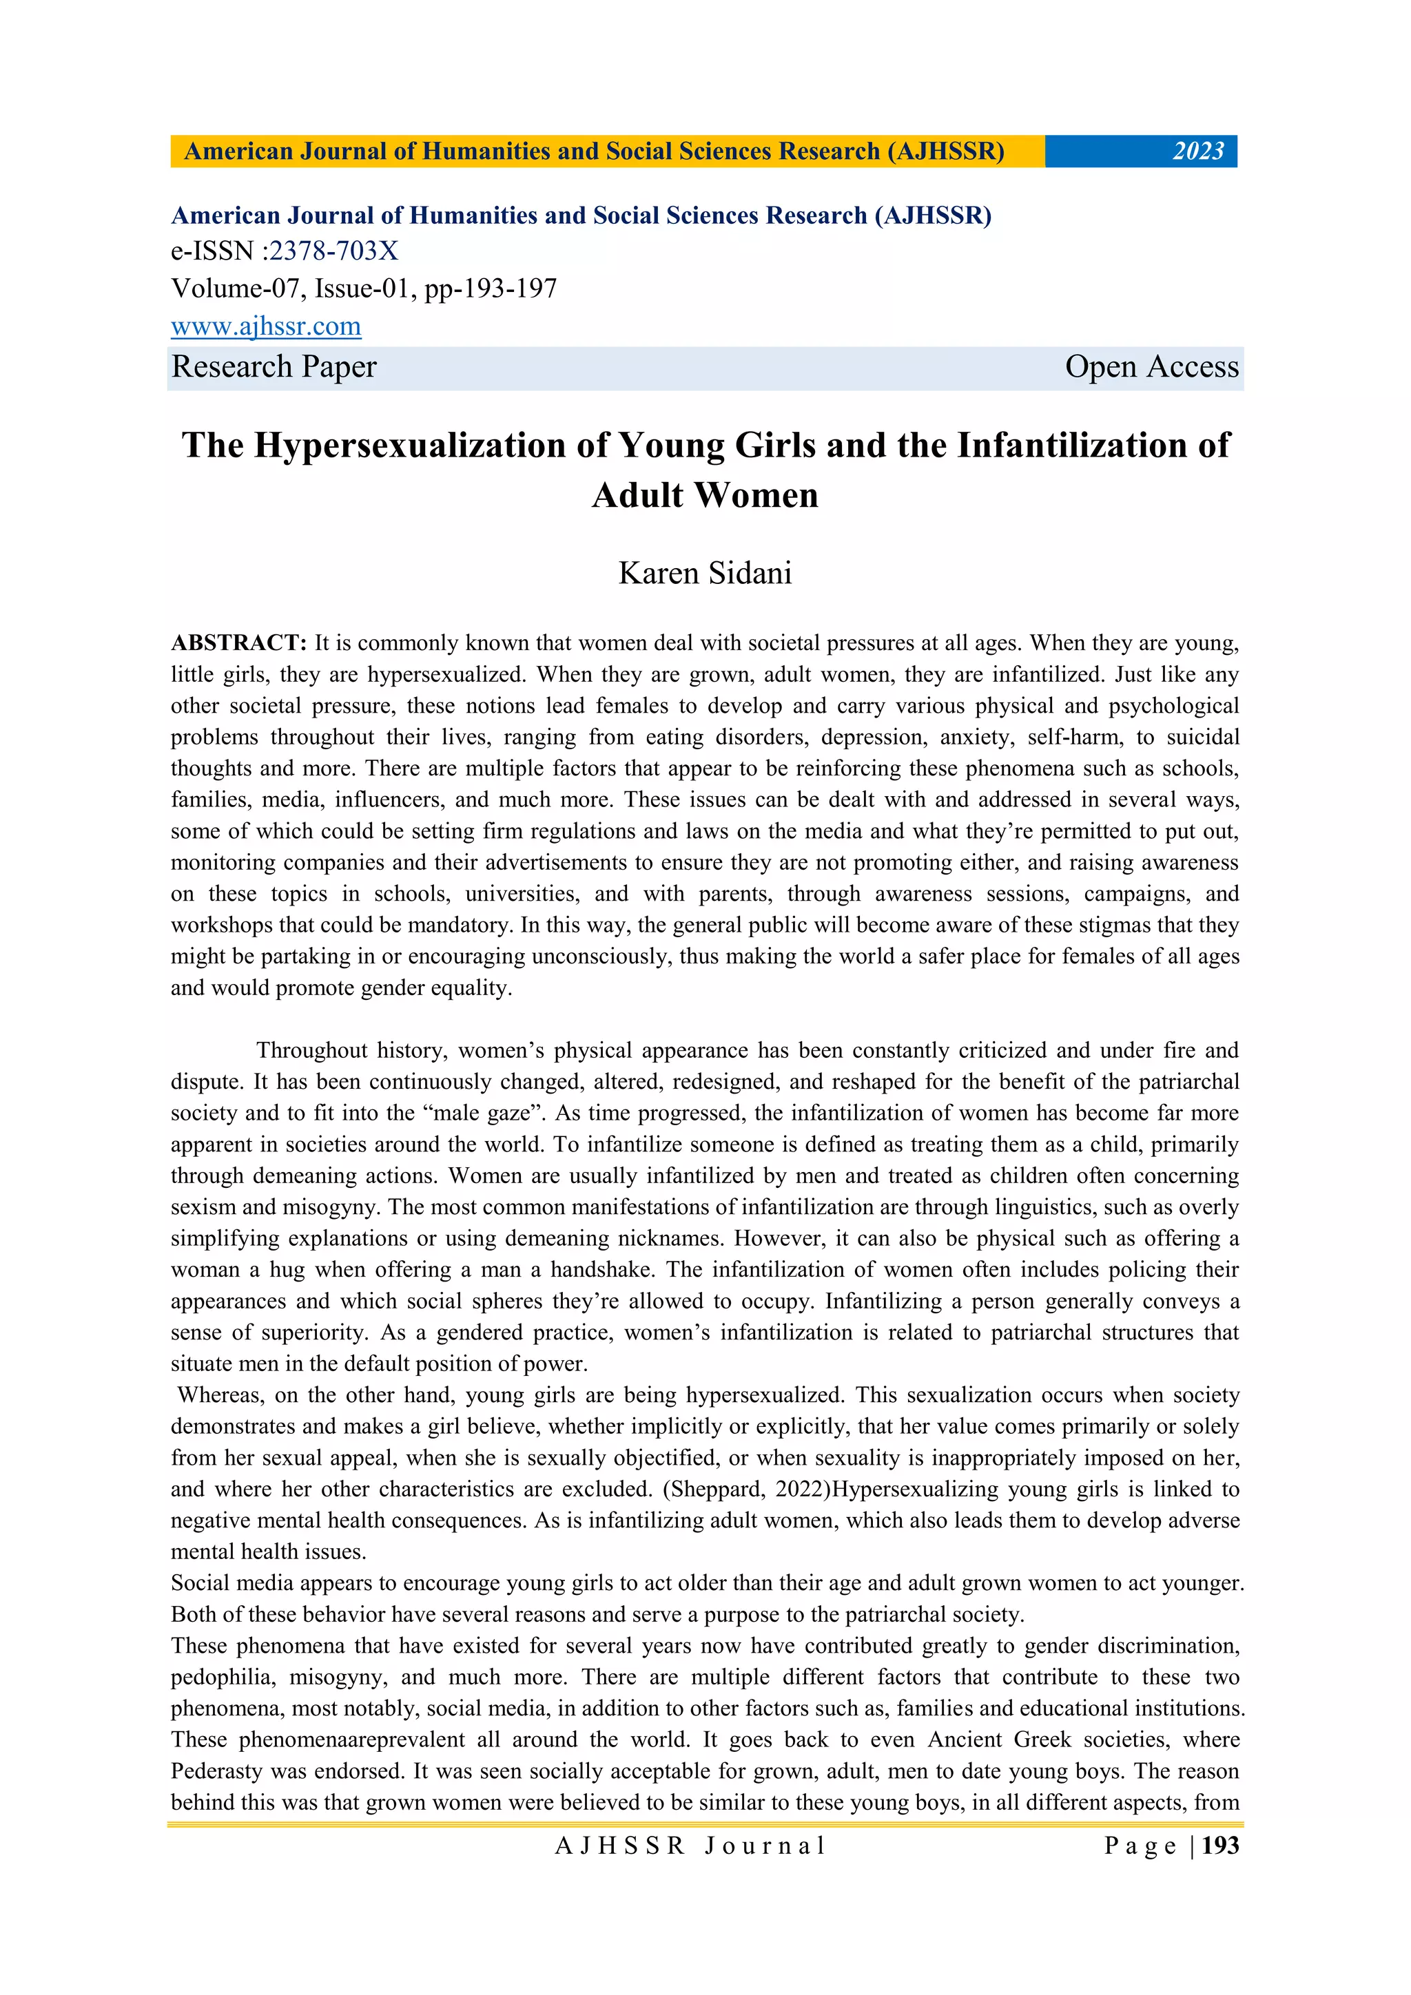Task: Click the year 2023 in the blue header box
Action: [x=1198, y=152]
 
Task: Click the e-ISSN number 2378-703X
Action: [x=333, y=251]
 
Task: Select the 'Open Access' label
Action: [x=1151, y=366]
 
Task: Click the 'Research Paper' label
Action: [x=274, y=366]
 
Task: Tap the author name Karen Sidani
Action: [x=705, y=574]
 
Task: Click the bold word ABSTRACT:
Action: [x=239, y=643]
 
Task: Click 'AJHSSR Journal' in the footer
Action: [x=690, y=1846]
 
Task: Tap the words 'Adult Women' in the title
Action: [x=705, y=496]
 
